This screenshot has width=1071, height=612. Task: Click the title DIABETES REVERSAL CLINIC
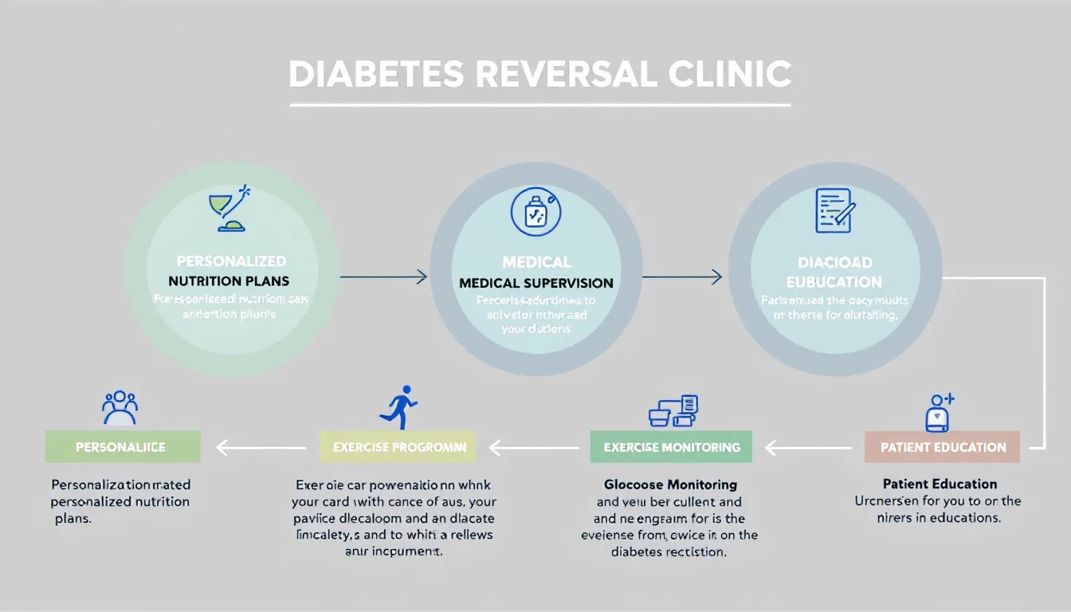point(539,74)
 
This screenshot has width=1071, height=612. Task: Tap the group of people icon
point(120,407)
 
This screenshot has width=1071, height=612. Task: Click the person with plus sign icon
point(938,412)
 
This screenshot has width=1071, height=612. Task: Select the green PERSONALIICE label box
point(123,447)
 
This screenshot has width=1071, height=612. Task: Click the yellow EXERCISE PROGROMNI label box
point(398,447)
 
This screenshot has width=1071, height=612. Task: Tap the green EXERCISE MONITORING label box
point(672,447)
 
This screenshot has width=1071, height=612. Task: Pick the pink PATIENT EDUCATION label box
point(943,447)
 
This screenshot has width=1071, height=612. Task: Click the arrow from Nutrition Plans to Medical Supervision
point(383,277)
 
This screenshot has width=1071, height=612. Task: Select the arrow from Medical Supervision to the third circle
point(681,277)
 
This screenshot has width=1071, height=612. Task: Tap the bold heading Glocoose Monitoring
point(670,484)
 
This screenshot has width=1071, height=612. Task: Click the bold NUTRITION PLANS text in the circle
point(229,281)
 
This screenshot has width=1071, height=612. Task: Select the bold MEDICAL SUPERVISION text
point(536,283)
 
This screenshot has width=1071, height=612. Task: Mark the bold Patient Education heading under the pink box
point(940,484)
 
